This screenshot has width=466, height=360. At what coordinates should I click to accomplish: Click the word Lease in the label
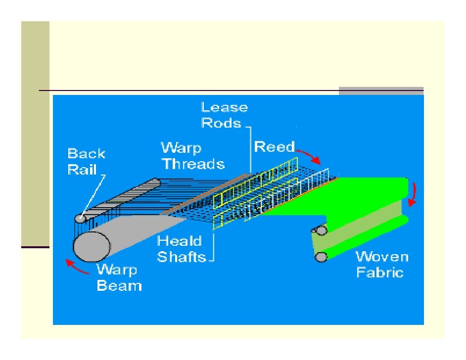224,107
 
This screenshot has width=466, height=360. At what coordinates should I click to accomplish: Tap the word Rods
221,123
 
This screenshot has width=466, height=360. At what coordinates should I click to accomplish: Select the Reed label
274,147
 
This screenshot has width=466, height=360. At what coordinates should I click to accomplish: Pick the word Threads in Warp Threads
193,164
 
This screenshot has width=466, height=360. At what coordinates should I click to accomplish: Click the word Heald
179,241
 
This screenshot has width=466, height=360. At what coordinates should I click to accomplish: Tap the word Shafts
182,257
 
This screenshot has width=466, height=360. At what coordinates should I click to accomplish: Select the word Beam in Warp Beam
119,285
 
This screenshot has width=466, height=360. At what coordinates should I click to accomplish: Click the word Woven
382,257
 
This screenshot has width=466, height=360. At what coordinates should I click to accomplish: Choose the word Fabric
379,272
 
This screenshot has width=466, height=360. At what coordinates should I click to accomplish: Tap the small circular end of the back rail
80,218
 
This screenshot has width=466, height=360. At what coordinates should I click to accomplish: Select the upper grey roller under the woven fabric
322,230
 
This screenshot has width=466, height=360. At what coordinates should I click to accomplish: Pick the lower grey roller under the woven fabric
322,256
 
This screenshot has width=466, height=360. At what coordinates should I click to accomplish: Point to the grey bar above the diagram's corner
381,90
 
